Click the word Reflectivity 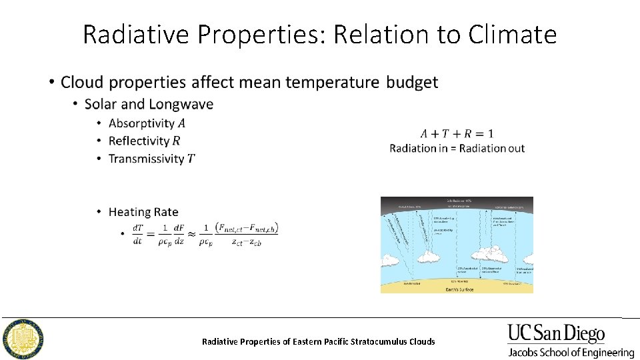click(x=139, y=141)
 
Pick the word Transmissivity click(x=146, y=159)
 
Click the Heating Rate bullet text click(x=143, y=212)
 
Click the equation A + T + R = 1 click(x=457, y=133)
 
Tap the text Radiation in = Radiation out click(x=457, y=148)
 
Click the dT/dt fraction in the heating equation click(x=138, y=235)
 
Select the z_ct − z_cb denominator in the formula click(x=246, y=241)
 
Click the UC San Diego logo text click(x=556, y=333)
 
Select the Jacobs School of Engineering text click(x=571, y=353)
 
